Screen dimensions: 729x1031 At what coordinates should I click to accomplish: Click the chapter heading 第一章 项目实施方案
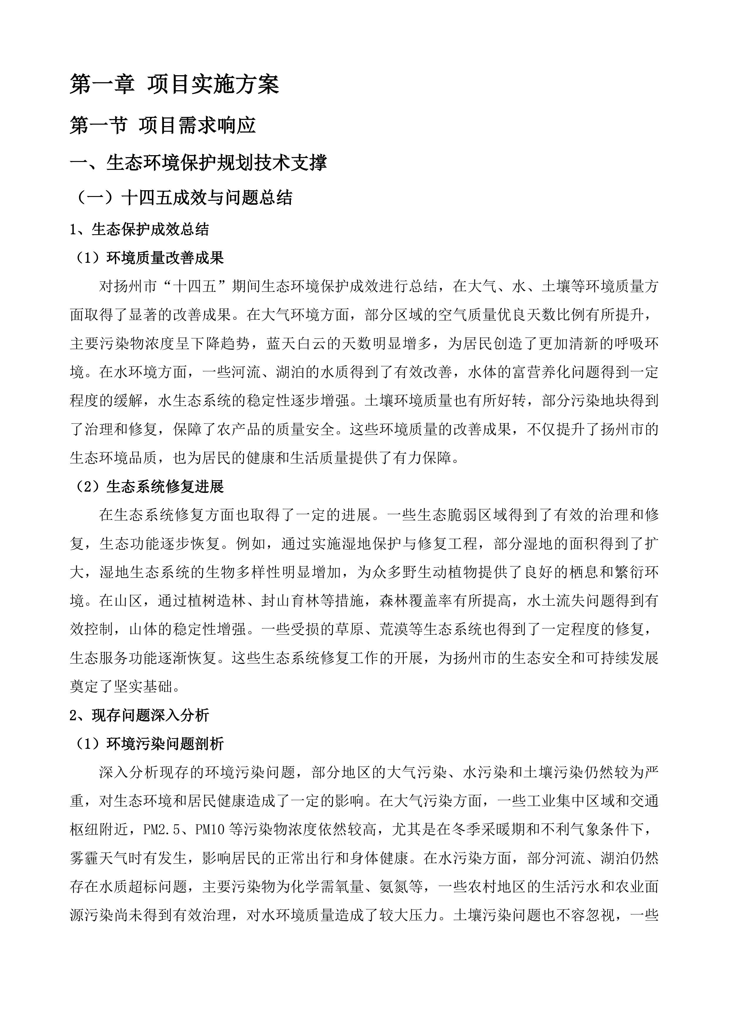(x=174, y=84)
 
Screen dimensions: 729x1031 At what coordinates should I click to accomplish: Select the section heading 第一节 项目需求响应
(x=162, y=125)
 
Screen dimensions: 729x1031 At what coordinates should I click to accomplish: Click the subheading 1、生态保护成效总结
(x=139, y=230)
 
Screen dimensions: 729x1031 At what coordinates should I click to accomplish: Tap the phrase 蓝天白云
(x=295, y=344)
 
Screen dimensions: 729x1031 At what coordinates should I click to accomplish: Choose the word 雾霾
(x=85, y=858)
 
